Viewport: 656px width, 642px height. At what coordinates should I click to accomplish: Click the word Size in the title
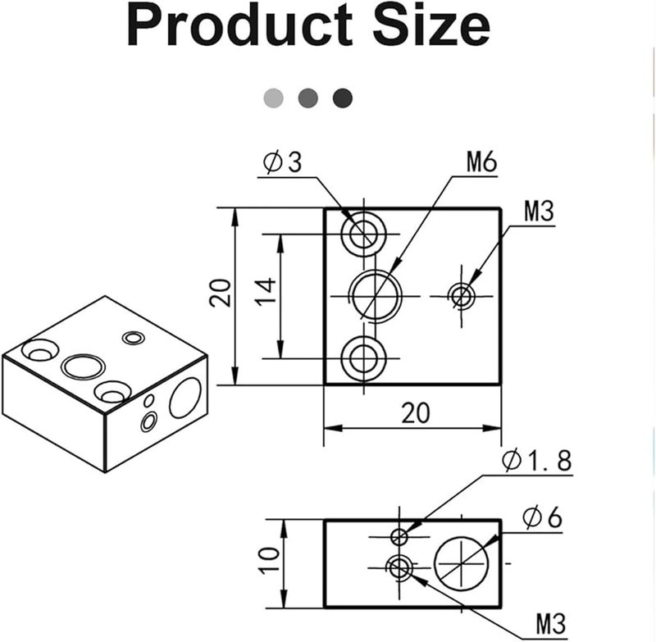point(430,27)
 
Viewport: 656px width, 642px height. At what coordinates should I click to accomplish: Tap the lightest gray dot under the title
point(273,98)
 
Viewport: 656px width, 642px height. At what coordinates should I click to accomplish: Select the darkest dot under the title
point(343,98)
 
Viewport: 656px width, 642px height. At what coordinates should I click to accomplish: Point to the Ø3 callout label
point(283,162)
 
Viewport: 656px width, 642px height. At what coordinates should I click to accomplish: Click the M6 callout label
point(482,162)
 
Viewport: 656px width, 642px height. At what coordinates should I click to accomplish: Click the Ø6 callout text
point(542,518)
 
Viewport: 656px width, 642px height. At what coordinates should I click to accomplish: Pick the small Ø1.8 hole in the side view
point(399,536)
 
